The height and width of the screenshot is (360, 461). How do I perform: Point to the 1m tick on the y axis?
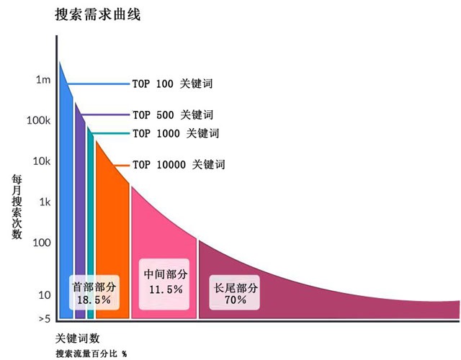42,80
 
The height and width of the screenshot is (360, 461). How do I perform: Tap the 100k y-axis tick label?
37,120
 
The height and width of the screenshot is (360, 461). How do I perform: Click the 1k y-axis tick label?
42,202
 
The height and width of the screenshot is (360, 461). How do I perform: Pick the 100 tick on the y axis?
41,243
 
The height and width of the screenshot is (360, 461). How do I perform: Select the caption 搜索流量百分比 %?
90,354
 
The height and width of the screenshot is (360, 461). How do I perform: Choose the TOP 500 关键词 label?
172,115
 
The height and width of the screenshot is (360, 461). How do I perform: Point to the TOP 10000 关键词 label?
178,165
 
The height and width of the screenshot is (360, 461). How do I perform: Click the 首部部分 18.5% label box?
94,292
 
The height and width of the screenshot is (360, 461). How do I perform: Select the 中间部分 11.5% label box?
166,282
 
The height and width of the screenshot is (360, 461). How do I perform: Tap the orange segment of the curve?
112,238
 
